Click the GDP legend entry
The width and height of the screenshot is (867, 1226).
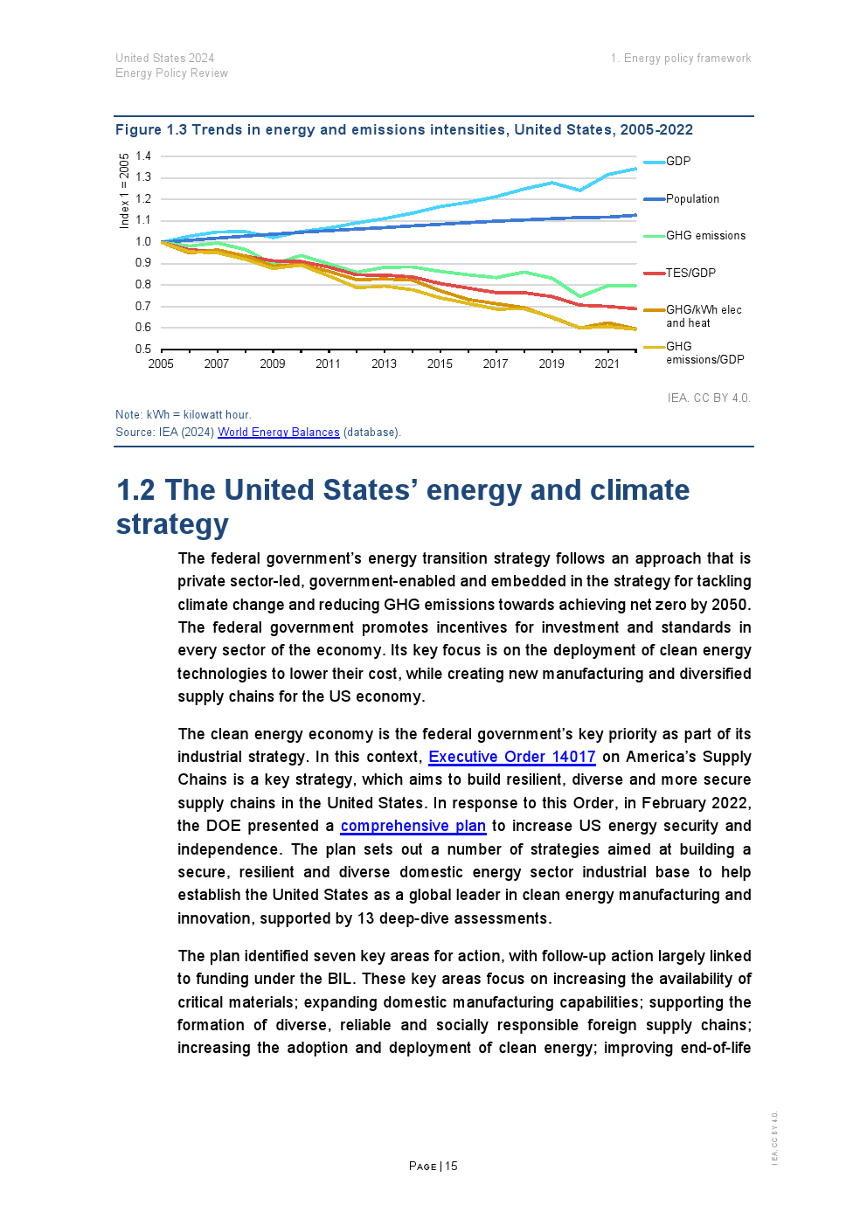point(678,162)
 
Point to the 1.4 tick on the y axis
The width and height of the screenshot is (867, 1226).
point(143,156)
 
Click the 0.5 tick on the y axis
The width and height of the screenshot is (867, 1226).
point(143,350)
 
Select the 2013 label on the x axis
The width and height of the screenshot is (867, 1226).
point(384,364)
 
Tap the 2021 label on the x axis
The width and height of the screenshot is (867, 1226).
point(607,364)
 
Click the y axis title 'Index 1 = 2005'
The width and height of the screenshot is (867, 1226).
point(124,190)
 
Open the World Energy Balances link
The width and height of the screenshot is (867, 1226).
point(279,433)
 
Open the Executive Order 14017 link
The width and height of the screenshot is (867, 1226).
point(511,757)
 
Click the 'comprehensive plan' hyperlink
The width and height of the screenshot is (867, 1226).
point(413,826)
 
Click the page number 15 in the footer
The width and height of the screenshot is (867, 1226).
point(451,1167)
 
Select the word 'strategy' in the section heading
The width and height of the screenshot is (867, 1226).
point(172,524)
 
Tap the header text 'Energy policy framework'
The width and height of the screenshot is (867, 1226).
point(687,59)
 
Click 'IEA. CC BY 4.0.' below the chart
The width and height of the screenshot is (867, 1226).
point(709,398)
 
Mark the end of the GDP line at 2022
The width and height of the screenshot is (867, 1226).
point(635,169)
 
